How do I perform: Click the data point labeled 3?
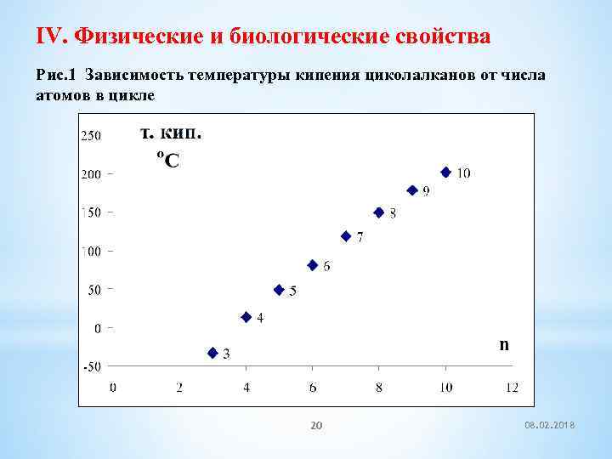point(212,353)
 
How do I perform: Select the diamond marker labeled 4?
point(246,317)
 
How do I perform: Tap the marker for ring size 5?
point(279,290)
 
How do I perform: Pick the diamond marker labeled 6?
point(313,265)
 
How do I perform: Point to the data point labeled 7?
point(346,236)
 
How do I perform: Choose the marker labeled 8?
point(379,212)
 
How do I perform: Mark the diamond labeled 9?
point(412,190)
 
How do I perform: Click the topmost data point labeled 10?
point(445,173)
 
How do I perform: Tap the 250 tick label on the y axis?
point(90,135)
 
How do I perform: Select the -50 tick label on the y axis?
point(90,367)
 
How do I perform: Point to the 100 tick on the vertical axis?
point(90,252)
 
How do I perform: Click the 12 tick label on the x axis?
point(512,388)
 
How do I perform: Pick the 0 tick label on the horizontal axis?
point(113,388)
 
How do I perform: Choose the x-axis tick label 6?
point(313,388)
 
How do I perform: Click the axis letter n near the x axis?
point(504,344)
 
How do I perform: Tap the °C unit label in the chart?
point(168,159)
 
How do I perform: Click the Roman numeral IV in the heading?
point(51,37)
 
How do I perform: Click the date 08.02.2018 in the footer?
point(551,426)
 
